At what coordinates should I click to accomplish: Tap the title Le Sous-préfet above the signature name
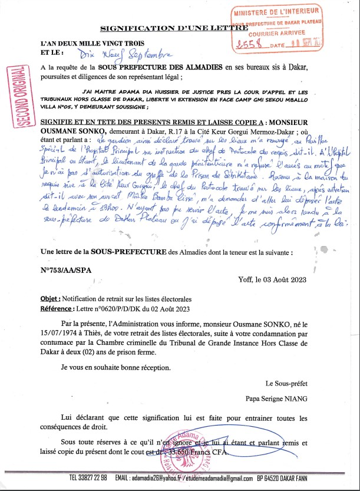pos(286,383)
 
